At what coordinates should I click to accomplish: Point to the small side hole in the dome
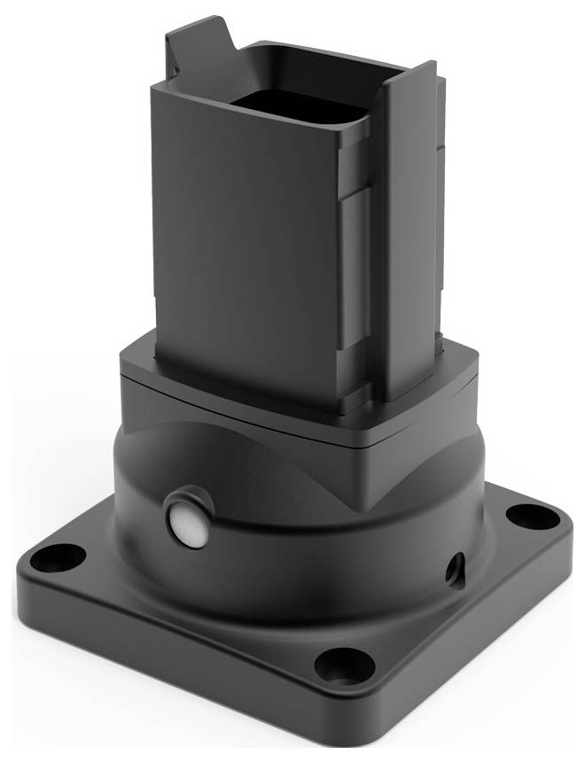coord(456,564)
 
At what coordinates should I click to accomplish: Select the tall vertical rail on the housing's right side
coord(409,230)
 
